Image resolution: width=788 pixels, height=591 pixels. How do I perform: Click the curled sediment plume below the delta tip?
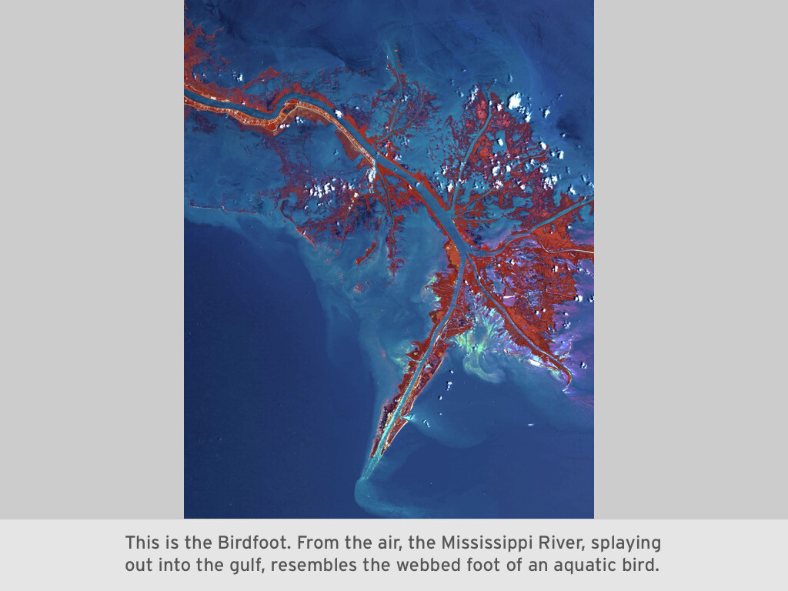click(369, 492)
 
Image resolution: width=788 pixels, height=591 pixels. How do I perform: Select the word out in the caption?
click(140, 566)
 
